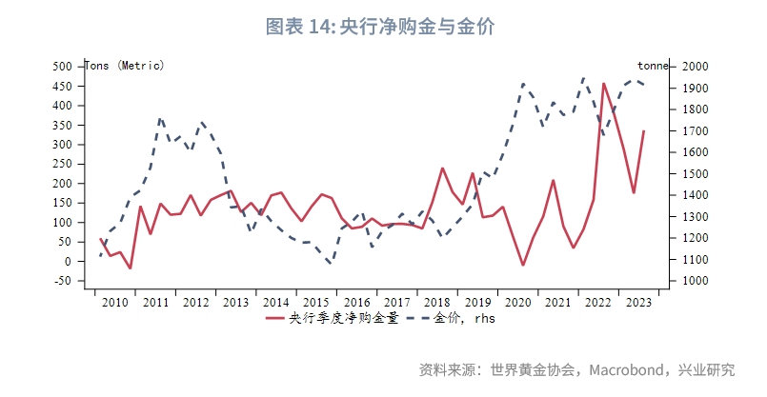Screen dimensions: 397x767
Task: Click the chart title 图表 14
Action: click(x=382, y=27)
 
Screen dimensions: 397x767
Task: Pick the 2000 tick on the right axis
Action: click(x=695, y=67)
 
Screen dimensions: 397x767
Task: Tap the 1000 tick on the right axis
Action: click(x=695, y=281)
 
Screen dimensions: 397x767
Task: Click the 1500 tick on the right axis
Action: click(x=695, y=174)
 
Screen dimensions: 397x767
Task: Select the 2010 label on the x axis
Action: click(x=114, y=303)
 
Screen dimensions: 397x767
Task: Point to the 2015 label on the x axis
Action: click(x=314, y=303)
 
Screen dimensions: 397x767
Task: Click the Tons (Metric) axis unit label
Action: click(x=125, y=66)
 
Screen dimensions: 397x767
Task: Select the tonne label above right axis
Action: click(x=653, y=66)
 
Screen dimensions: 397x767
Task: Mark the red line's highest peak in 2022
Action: click(x=603, y=83)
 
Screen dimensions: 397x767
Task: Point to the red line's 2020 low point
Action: click(x=523, y=265)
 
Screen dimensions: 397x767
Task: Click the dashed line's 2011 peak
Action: click(x=160, y=118)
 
